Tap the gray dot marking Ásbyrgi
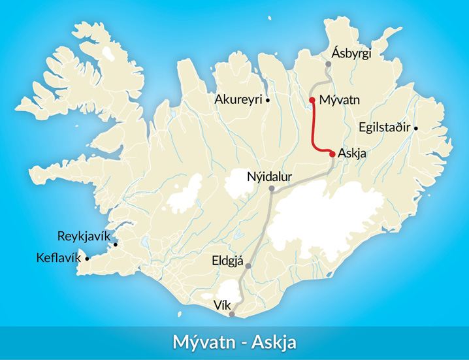(328, 64)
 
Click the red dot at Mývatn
(313, 100)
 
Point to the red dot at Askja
(332, 154)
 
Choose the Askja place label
(353, 154)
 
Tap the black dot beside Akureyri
(268, 100)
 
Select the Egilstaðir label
(383, 127)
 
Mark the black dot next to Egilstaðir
(416, 128)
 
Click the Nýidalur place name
(269, 176)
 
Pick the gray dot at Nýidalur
(272, 189)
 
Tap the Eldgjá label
(227, 261)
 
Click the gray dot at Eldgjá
(248, 266)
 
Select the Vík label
(222, 305)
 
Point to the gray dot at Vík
(232, 314)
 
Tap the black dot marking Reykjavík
(116, 245)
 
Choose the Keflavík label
(59, 258)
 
